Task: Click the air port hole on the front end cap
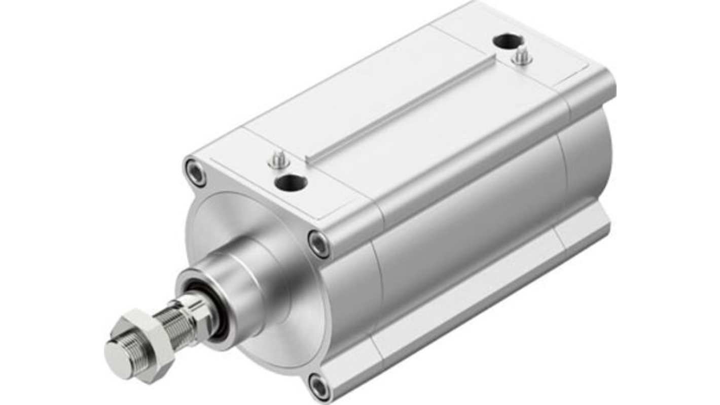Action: (291, 181)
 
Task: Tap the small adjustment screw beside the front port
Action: (278, 161)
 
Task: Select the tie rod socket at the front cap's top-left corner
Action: (196, 173)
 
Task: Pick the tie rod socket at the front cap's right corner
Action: (319, 244)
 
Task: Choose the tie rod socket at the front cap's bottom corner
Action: (319, 387)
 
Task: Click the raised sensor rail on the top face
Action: (401, 109)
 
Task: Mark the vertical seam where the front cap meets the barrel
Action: (379, 284)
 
